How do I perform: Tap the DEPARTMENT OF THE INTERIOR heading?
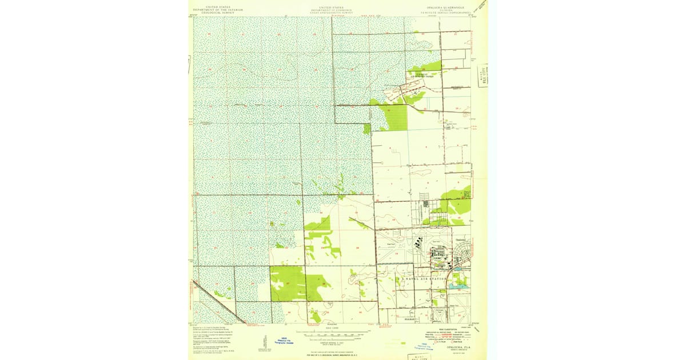point(217,10)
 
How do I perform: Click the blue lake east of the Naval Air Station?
point(456,285)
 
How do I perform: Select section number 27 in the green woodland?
point(287,284)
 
